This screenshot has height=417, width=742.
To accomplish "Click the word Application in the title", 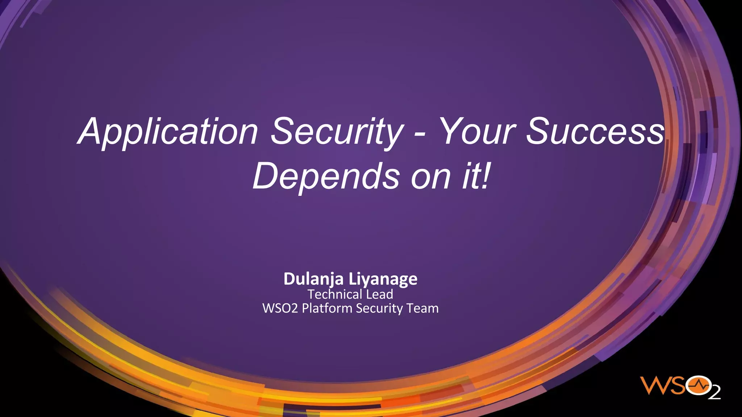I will click(168, 132).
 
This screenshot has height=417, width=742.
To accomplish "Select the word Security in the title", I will click(337, 132).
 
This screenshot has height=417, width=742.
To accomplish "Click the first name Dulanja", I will click(313, 279).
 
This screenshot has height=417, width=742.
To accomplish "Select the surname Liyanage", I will click(383, 279).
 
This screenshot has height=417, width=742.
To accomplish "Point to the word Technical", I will click(330, 294).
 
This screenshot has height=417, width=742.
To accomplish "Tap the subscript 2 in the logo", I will click(714, 393).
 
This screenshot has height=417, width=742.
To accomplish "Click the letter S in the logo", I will click(678, 386).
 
